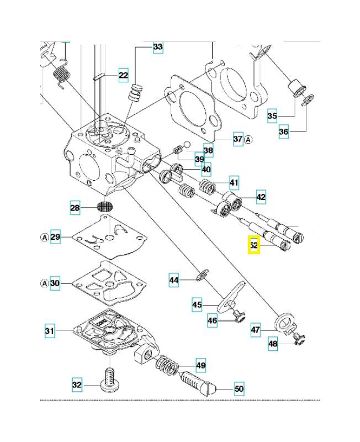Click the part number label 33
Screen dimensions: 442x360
[158, 48]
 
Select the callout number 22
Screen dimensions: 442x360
[123, 75]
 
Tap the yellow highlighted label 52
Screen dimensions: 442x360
[253, 244]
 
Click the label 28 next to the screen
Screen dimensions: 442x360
[75, 208]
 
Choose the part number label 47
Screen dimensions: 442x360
[255, 330]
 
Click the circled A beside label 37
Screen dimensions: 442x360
[248, 139]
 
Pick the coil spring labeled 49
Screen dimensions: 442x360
[168, 365]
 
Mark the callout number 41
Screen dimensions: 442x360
[235, 182]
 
